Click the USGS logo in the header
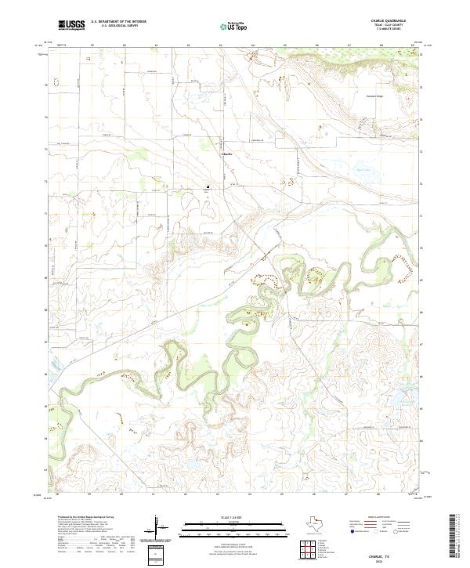[x=72, y=25]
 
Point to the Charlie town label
[x=227, y=154]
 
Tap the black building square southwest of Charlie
[x=207, y=186]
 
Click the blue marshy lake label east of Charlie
[x=361, y=168]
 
